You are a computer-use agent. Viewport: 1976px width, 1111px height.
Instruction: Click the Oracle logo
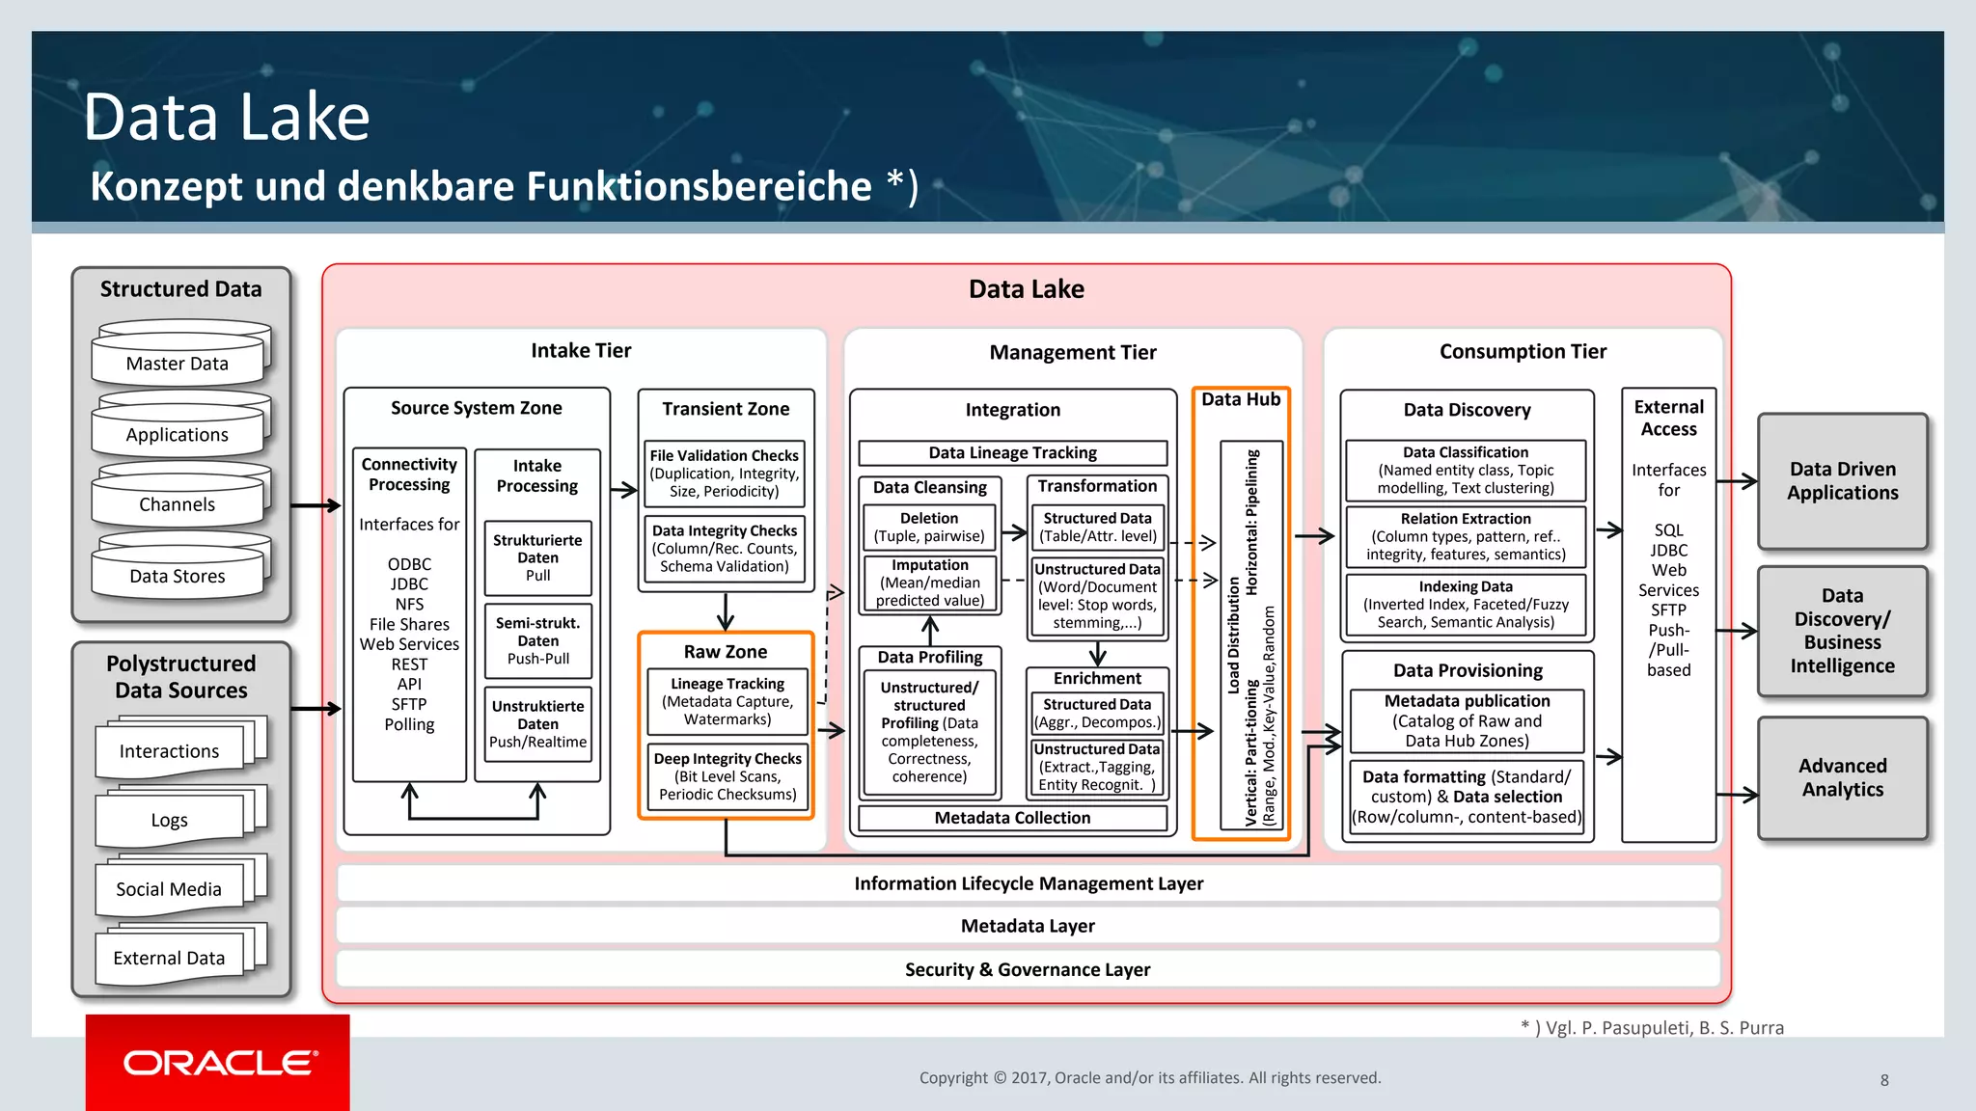click(219, 1063)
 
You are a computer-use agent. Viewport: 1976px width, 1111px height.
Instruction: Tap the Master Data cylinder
click(178, 363)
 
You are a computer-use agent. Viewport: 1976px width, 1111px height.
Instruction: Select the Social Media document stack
click(170, 888)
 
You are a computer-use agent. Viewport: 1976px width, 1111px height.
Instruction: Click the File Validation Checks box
click(725, 473)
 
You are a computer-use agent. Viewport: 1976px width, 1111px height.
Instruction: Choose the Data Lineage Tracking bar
click(1012, 452)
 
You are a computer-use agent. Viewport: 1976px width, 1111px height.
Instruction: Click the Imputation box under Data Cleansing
click(930, 583)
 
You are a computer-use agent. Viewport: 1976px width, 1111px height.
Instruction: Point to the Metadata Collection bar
click(1012, 818)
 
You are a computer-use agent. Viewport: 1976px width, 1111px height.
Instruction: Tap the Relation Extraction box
click(1466, 536)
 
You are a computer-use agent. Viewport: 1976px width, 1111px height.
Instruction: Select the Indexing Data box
click(1466, 604)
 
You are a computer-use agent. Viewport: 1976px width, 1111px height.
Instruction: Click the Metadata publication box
click(1467, 720)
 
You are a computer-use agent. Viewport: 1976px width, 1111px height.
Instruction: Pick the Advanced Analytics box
click(1842, 777)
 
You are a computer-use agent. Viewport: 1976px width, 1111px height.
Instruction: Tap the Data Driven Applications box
click(1842, 480)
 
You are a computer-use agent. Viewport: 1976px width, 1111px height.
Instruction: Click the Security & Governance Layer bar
click(1028, 969)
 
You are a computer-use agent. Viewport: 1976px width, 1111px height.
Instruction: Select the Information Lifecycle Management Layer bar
click(1028, 883)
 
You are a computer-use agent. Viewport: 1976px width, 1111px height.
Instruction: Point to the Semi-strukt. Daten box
click(538, 640)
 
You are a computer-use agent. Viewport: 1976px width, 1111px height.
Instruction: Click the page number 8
click(1884, 1080)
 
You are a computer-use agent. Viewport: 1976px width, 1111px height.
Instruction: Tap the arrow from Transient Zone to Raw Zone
click(726, 611)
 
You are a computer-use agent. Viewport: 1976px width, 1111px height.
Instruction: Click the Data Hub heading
click(1241, 399)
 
